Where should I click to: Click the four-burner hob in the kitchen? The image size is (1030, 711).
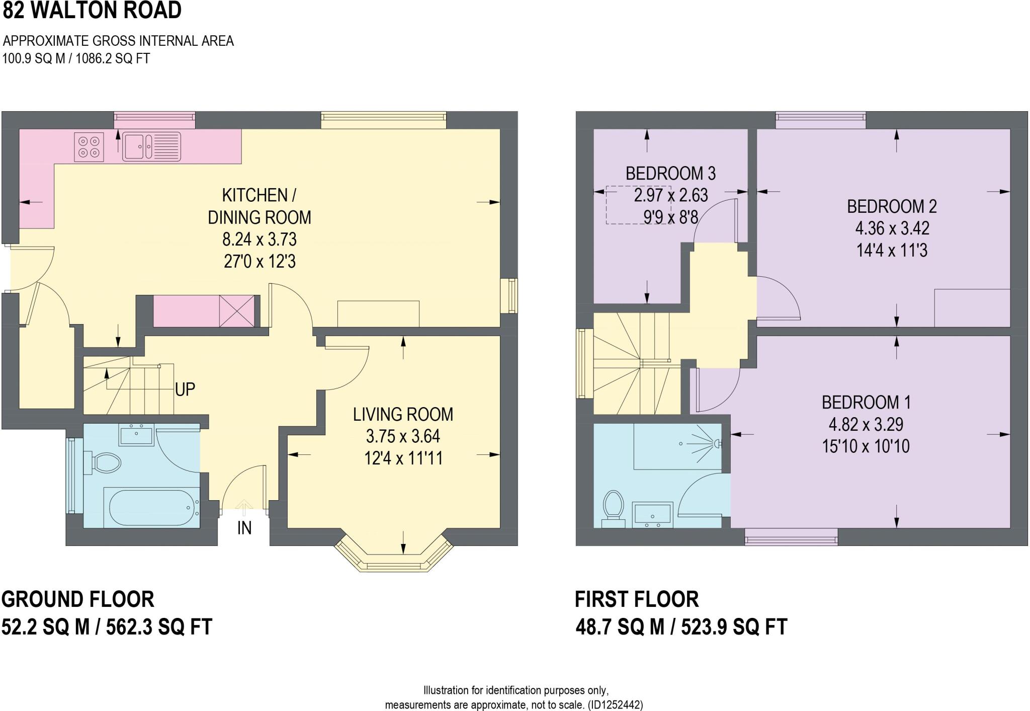point(89,146)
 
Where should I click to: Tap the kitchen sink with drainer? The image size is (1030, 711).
point(151,146)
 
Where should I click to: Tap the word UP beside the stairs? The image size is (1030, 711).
point(185,389)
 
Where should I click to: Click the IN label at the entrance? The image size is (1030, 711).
point(244,528)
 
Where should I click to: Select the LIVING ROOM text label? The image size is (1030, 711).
point(403,414)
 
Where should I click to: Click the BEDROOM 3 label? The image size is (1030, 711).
point(670,174)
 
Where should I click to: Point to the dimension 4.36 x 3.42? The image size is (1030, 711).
point(892,228)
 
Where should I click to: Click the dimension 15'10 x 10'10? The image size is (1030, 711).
point(866,446)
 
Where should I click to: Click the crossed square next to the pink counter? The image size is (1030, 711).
point(237,310)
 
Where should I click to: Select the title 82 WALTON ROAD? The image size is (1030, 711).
point(92,10)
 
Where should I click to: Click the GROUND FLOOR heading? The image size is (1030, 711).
point(78,599)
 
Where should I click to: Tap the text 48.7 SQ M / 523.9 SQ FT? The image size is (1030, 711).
point(681,627)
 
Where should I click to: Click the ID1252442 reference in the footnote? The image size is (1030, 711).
point(616,704)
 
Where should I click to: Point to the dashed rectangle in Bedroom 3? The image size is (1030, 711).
point(638,205)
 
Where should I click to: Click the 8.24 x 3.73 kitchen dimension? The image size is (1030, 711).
point(260,240)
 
